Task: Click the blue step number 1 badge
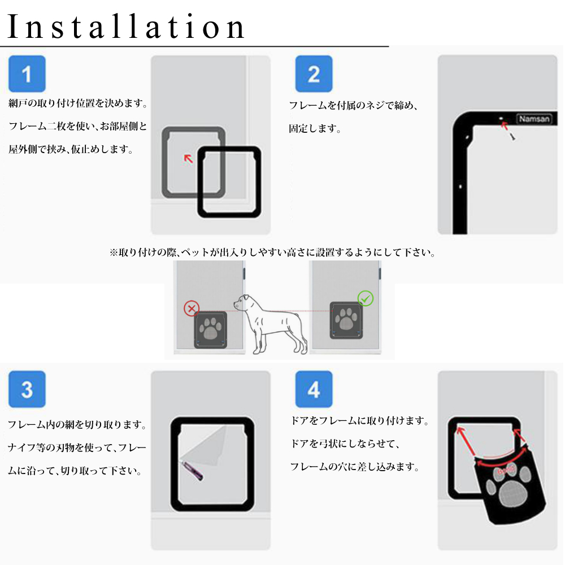27,74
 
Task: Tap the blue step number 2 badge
314,74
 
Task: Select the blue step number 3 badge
27,389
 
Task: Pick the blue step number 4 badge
314,389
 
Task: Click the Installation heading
126,27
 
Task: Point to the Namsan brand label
534,119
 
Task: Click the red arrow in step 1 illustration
189,159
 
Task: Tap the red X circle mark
192,308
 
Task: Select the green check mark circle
366,298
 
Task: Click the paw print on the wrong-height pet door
210,329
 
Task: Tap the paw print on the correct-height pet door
346,319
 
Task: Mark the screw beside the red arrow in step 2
512,136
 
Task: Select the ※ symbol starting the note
114,253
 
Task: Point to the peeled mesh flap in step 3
206,446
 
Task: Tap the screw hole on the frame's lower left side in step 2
460,186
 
